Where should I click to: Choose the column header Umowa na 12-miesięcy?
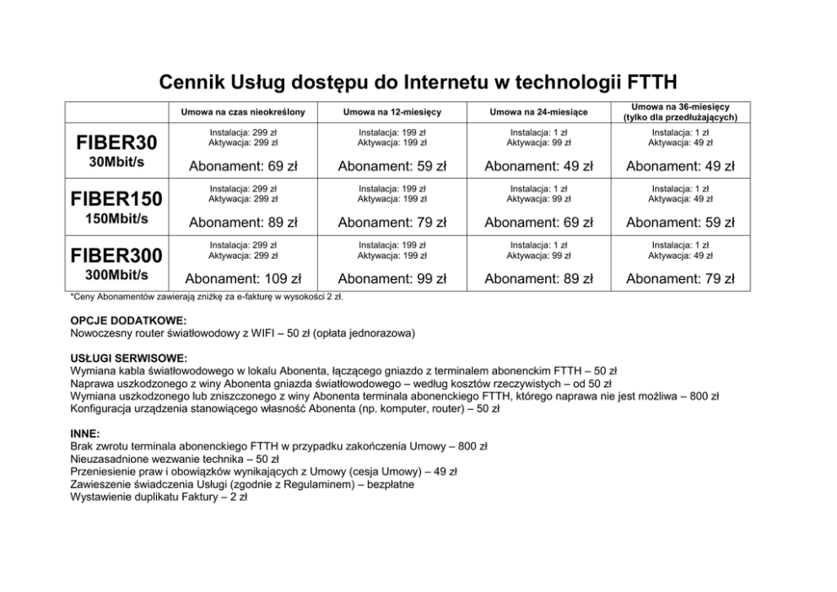tap(392, 112)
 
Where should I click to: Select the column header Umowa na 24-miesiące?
tap(538, 112)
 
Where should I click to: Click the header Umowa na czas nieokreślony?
tap(243, 112)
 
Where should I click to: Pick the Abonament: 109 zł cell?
tap(243, 278)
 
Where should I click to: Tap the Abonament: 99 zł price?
tap(392, 278)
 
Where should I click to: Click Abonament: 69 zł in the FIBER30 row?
tap(243, 166)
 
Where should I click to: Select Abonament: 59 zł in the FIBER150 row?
tap(680, 223)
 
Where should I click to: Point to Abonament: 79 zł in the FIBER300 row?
tap(680, 278)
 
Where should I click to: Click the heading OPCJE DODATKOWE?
tap(128, 321)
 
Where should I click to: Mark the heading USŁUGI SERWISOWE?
tap(129, 358)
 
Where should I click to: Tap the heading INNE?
tap(85, 433)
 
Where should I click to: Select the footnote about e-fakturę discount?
tap(207, 297)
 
